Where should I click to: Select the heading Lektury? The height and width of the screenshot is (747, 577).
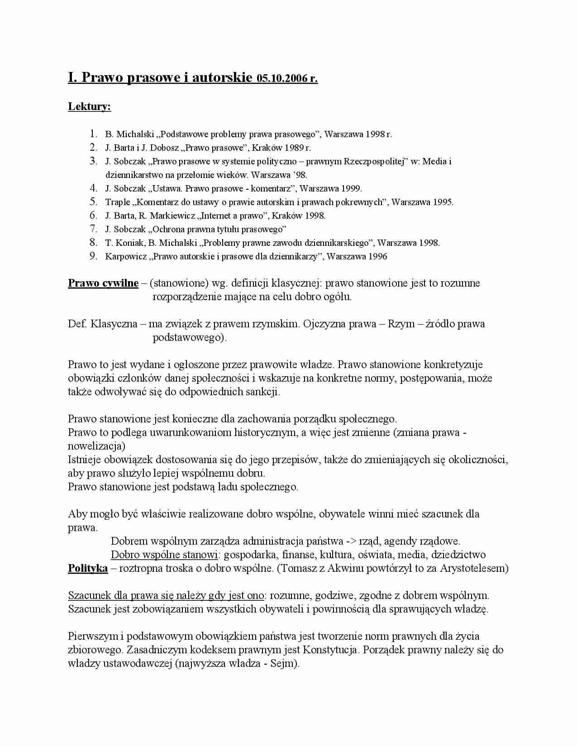tap(89, 107)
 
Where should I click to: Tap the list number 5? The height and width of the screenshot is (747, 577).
tap(94, 201)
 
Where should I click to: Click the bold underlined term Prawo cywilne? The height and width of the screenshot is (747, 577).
tap(103, 283)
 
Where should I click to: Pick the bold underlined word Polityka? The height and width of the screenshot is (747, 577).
tap(88, 568)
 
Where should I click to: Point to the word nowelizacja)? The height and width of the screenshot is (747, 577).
tap(96, 446)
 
